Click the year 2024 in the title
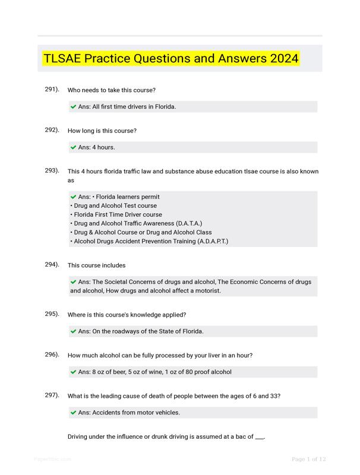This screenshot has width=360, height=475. coord(283,59)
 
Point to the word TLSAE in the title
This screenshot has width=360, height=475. coord(62,59)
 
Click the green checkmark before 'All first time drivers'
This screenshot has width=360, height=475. coord(73,107)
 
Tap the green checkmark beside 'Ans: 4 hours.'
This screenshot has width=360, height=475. coord(73,147)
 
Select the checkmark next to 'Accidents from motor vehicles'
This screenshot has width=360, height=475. coord(73,413)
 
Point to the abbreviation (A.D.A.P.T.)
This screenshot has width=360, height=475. coord(206,242)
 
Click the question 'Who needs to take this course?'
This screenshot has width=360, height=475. coord(112,90)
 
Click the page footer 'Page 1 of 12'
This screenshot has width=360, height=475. coord(309,459)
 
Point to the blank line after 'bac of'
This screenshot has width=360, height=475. coord(259,438)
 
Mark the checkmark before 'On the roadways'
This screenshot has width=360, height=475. coord(73,331)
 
